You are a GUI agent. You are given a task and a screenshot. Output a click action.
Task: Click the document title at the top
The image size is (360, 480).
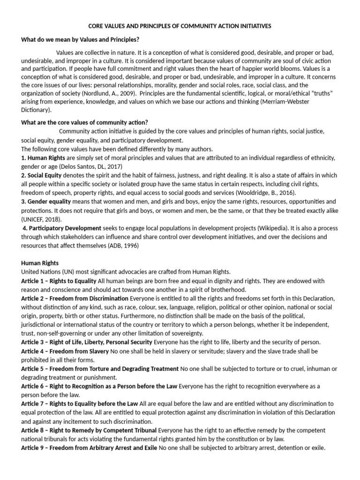coord(180,27)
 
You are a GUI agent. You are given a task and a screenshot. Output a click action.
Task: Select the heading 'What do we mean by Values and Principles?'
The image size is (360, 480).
coord(81,39)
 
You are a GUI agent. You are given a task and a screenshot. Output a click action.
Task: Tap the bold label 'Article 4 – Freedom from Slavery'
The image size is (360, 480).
coord(63,351)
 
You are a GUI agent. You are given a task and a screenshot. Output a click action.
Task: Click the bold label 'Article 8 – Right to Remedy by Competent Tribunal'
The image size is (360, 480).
coord(89,430)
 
